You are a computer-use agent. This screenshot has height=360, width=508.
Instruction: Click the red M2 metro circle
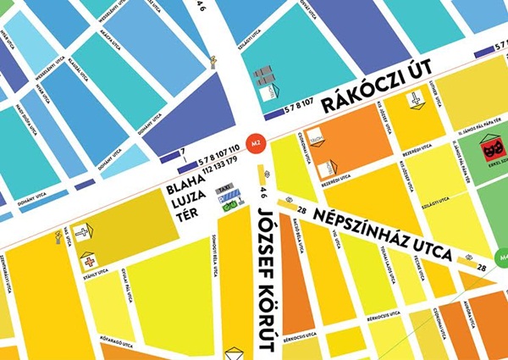(x=253, y=144)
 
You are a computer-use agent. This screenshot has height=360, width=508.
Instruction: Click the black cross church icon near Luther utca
(x=417, y=101)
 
